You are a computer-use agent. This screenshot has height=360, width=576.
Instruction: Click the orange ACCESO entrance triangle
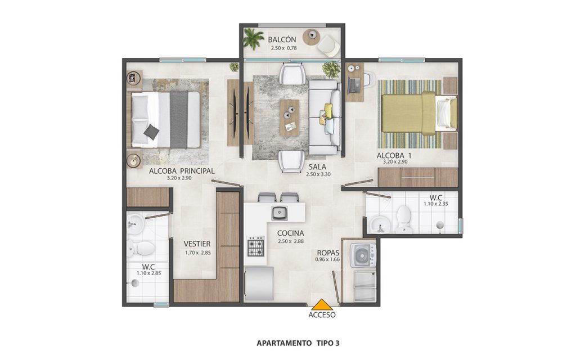(322, 304)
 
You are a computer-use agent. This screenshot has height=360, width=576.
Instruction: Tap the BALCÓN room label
(282, 40)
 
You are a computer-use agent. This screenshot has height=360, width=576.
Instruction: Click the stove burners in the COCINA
(256, 246)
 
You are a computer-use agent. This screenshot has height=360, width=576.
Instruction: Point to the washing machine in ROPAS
(363, 255)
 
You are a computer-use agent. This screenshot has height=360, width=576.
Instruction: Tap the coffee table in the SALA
(290, 118)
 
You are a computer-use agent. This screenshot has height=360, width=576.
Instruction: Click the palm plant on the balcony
(253, 38)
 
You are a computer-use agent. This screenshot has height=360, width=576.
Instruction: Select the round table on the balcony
(312, 37)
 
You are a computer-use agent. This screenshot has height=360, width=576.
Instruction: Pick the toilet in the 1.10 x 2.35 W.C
(403, 219)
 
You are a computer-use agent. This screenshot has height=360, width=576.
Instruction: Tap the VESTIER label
(197, 244)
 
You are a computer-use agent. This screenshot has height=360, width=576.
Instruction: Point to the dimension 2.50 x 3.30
(318, 174)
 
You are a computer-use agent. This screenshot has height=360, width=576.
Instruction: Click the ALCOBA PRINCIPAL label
(182, 171)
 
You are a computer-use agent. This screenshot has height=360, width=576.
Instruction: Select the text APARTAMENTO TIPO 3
(298, 344)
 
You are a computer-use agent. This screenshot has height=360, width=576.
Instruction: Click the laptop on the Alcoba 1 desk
(354, 85)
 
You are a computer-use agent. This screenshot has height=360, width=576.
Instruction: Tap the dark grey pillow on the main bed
(151, 132)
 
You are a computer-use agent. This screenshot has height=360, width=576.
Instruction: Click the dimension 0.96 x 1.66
(327, 259)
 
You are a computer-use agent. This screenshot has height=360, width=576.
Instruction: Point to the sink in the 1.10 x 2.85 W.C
(135, 224)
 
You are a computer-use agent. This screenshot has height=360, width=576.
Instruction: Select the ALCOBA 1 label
(394, 155)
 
